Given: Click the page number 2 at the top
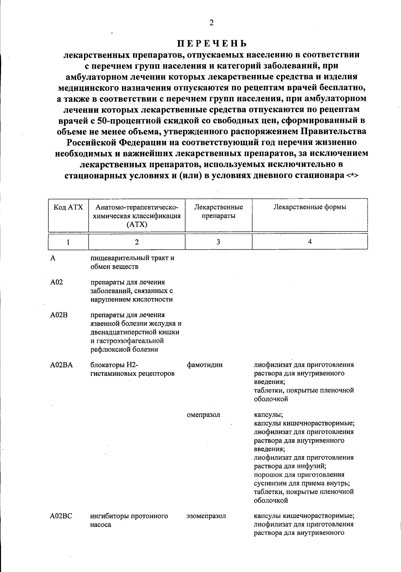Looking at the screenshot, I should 211,23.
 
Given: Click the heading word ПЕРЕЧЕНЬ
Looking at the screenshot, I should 212,44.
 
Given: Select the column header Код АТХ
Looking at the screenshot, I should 68,207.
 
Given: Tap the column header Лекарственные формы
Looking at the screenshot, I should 310,207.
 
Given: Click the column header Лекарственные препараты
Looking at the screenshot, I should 219,211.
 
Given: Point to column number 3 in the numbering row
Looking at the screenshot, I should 218,242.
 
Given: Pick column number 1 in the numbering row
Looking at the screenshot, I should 68,242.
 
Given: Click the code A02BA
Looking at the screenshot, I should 61,365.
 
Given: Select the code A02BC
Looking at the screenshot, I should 61,516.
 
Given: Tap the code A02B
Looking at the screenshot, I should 59,315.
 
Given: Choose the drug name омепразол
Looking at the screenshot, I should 204,415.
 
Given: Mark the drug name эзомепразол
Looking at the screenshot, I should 206,516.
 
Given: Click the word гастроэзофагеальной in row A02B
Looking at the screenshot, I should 127,341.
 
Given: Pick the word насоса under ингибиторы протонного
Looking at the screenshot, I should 101,525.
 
